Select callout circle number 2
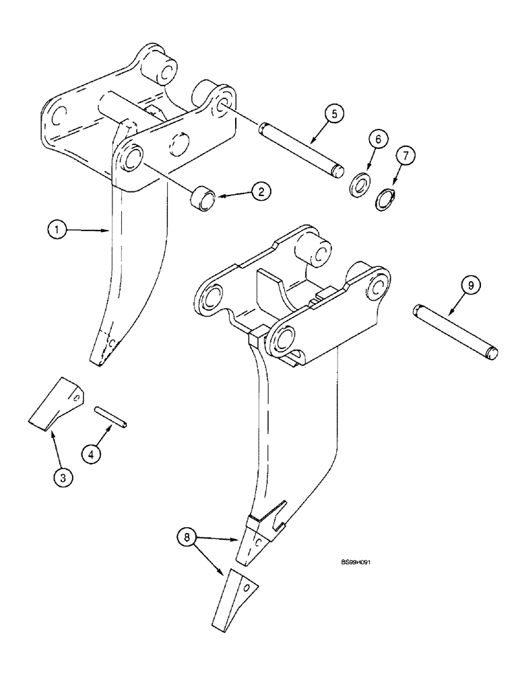[x=261, y=191]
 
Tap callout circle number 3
[x=62, y=479]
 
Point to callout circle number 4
[x=94, y=454]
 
